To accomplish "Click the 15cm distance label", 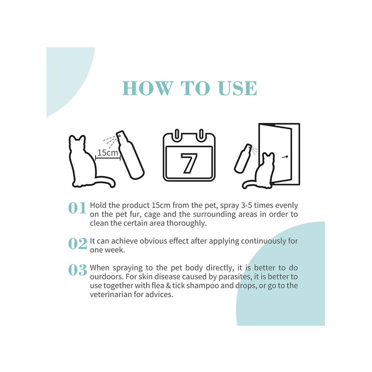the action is pyautogui.click(x=108, y=153).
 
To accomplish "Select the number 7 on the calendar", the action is pyautogui.click(x=189, y=163).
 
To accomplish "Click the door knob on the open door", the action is pyautogui.click(x=285, y=157).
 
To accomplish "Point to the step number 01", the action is pyautogui.click(x=77, y=208).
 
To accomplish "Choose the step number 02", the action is pyautogui.click(x=78, y=244).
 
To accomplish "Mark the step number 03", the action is pyautogui.click(x=78, y=270).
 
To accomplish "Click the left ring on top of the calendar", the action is pyautogui.click(x=177, y=134).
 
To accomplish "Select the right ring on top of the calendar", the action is pyautogui.click(x=201, y=134).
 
